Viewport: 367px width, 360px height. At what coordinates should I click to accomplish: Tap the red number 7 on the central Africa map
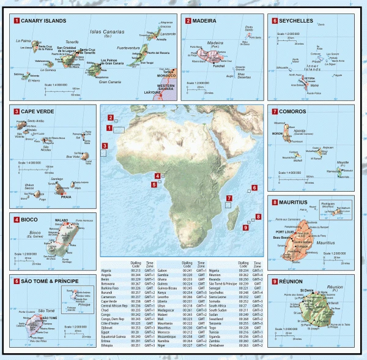229,198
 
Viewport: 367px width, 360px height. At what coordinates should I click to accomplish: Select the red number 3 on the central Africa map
105,145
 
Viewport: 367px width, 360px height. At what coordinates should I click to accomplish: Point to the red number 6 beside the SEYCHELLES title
275,21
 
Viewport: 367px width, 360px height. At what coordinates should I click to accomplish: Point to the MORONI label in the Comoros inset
280,133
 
